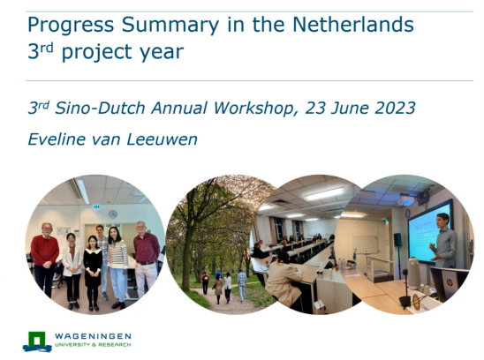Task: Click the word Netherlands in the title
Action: pyautogui.click(x=352, y=25)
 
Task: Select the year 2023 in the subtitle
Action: pyautogui.click(x=395, y=108)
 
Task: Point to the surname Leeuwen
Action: pyautogui.click(x=162, y=139)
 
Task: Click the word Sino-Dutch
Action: pyautogui.click(x=101, y=108)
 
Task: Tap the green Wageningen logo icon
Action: pyautogui.click(x=37, y=341)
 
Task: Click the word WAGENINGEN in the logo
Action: pyautogui.click(x=93, y=336)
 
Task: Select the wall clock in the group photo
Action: pyautogui.click(x=113, y=214)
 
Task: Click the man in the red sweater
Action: pyautogui.click(x=45, y=259)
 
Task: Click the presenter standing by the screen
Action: pyautogui.click(x=445, y=242)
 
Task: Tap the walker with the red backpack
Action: pyautogui.click(x=205, y=282)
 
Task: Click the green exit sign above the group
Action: pyautogui.click(x=96, y=206)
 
